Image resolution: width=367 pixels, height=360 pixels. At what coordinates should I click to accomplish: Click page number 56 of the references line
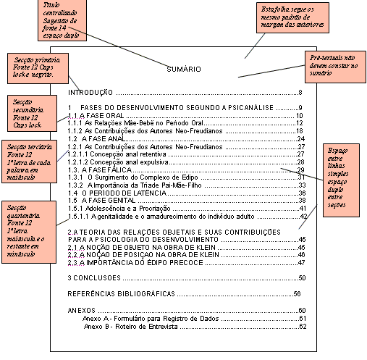point(297,294)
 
